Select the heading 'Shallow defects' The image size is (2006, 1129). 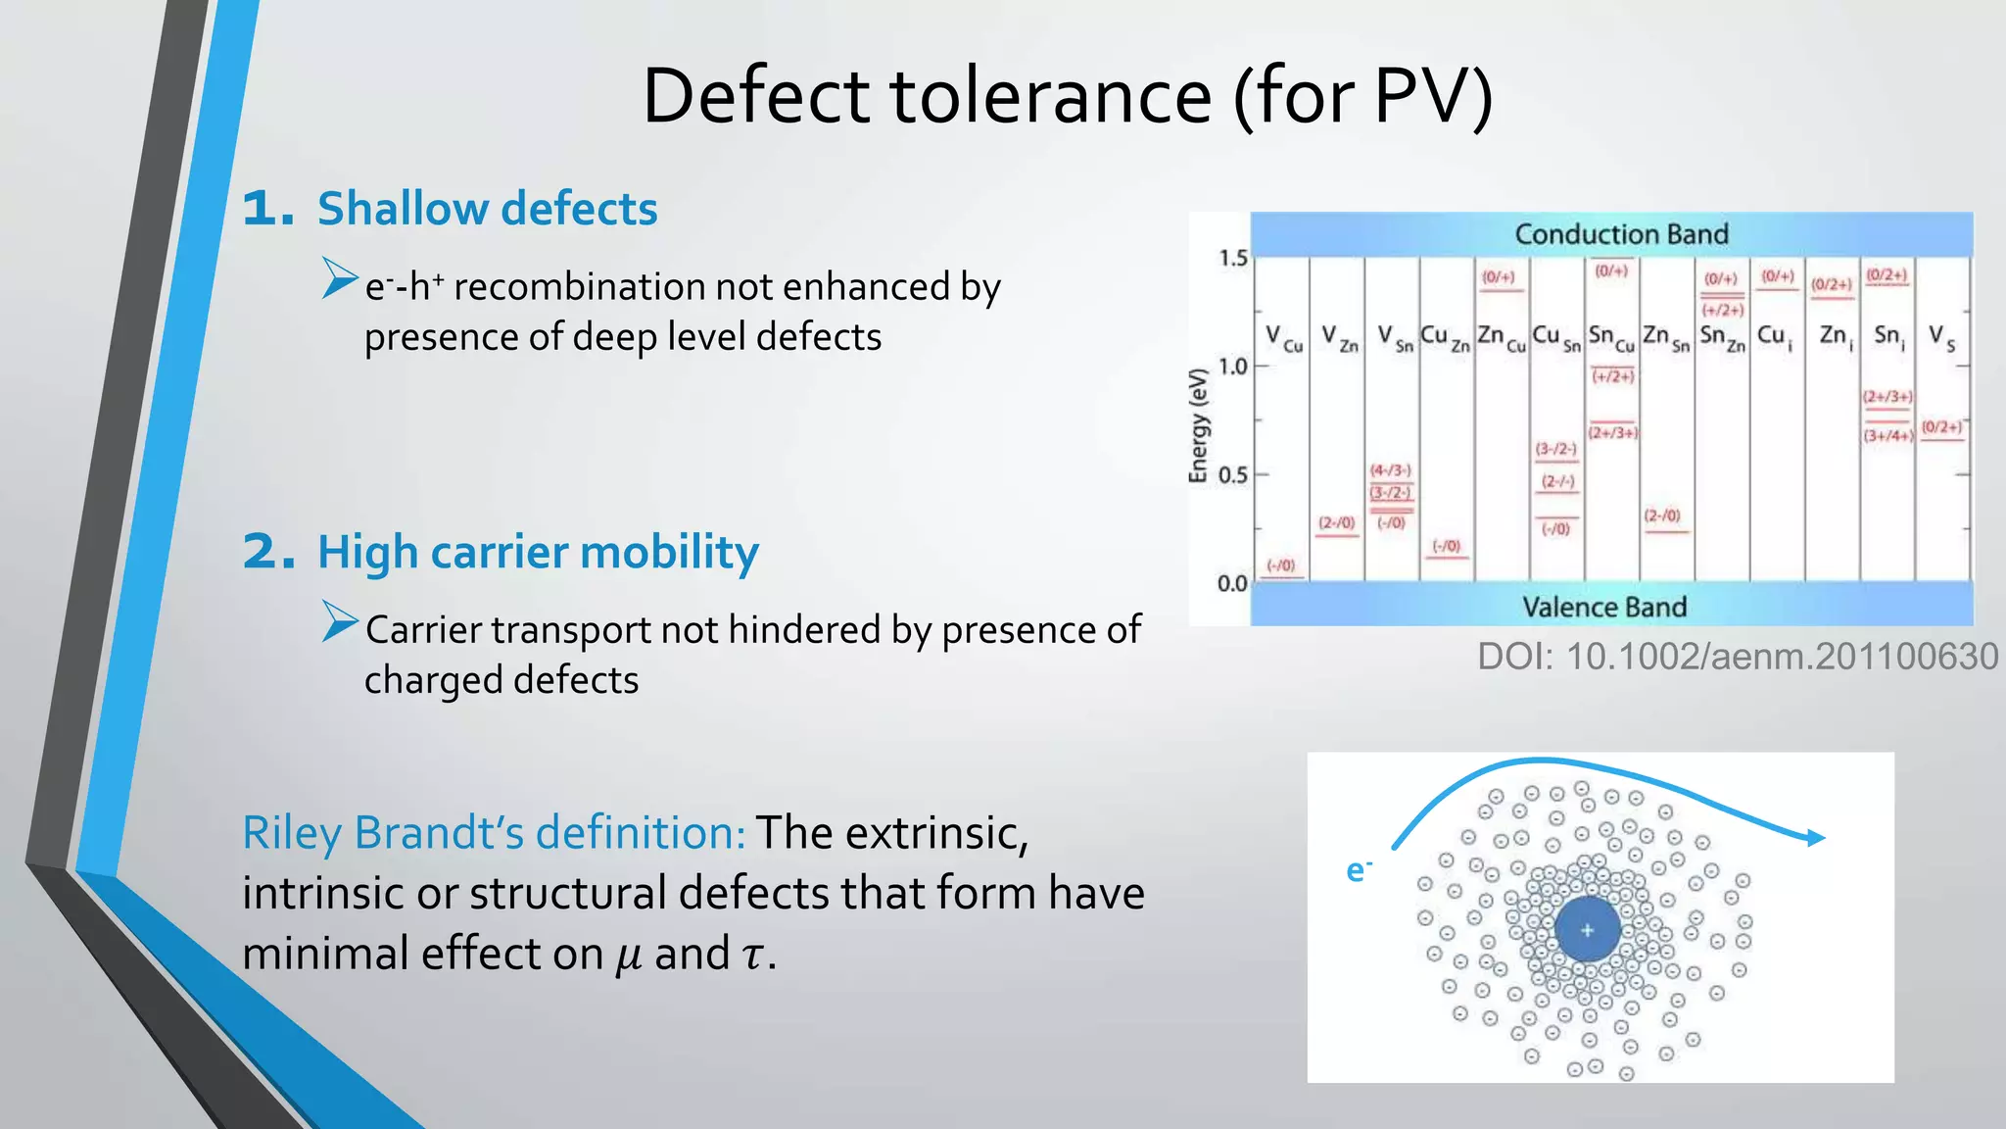pyautogui.click(x=487, y=209)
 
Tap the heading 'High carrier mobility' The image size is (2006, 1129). pyautogui.click(x=538, y=552)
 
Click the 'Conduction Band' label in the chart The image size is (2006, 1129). pyautogui.click(x=1621, y=234)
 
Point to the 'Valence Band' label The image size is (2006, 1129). pyautogui.click(x=1604, y=607)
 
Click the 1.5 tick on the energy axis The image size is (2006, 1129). pyautogui.click(x=1232, y=259)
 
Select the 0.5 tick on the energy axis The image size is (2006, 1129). pyautogui.click(x=1232, y=475)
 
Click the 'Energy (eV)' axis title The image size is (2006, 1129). pyautogui.click(x=1197, y=425)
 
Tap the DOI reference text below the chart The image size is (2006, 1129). pyautogui.click(x=1737, y=657)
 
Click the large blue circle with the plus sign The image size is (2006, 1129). pyautogui.click(x=1587, y=929)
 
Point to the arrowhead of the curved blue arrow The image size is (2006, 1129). pyautogui.click(x=1816, y=837)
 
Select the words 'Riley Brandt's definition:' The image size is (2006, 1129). pyautogui.click(x=494, y=833)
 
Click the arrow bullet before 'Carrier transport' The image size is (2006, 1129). pyautogui.click(x=340, y=622)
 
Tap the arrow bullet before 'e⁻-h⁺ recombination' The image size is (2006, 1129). pyautogui.click(x=340, y=278)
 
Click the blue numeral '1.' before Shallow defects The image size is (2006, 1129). pyautogui.click(x=268, y=209)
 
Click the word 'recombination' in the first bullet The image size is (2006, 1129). pyautogui.click(x=580, y=287)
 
